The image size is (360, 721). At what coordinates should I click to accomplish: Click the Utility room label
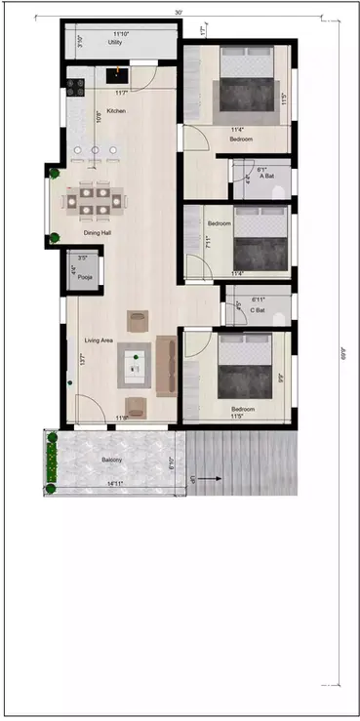pyautogui.click(x=114, y=43)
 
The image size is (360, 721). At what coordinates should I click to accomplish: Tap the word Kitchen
pyautogui.click(x=117, y=111)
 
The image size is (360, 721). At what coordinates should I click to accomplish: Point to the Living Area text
pyautogui.click(x=100, y=340)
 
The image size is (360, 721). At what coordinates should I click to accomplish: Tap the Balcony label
pyautogui.click(x=111, y=459)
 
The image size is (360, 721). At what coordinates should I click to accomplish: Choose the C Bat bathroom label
pyautogui.click(x=259, y=310)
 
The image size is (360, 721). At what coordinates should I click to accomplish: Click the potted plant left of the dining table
pyautogui.click(x=56, y=173)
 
